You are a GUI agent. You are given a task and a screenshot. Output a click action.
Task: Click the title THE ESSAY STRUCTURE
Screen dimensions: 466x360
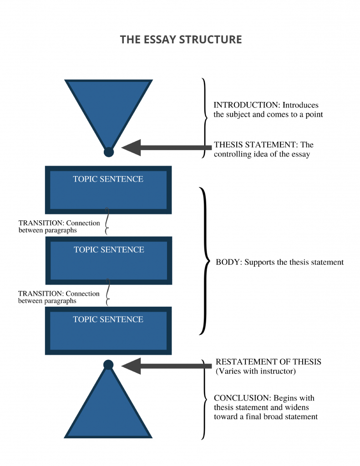coord(181,40)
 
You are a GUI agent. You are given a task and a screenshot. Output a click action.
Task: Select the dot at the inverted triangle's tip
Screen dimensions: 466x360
coord(108,152)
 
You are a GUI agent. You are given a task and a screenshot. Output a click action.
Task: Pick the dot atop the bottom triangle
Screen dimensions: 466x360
coord(108,365)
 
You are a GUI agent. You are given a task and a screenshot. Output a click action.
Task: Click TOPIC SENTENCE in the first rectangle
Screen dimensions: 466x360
coord(108,179)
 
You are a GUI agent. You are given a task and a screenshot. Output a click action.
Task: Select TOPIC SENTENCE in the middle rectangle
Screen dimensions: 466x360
coord(109,249)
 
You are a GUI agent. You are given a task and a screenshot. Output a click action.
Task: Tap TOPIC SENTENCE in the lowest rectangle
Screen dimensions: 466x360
coord(108,319)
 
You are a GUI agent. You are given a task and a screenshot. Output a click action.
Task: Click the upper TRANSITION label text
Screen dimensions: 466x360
coord(59,227)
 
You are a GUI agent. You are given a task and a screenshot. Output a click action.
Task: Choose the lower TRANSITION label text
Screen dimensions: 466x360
coord(59,297)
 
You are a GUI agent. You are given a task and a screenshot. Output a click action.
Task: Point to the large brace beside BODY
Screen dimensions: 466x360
coord(204,261)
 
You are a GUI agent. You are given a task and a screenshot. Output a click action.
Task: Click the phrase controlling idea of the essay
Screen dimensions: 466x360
coord(262,154)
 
